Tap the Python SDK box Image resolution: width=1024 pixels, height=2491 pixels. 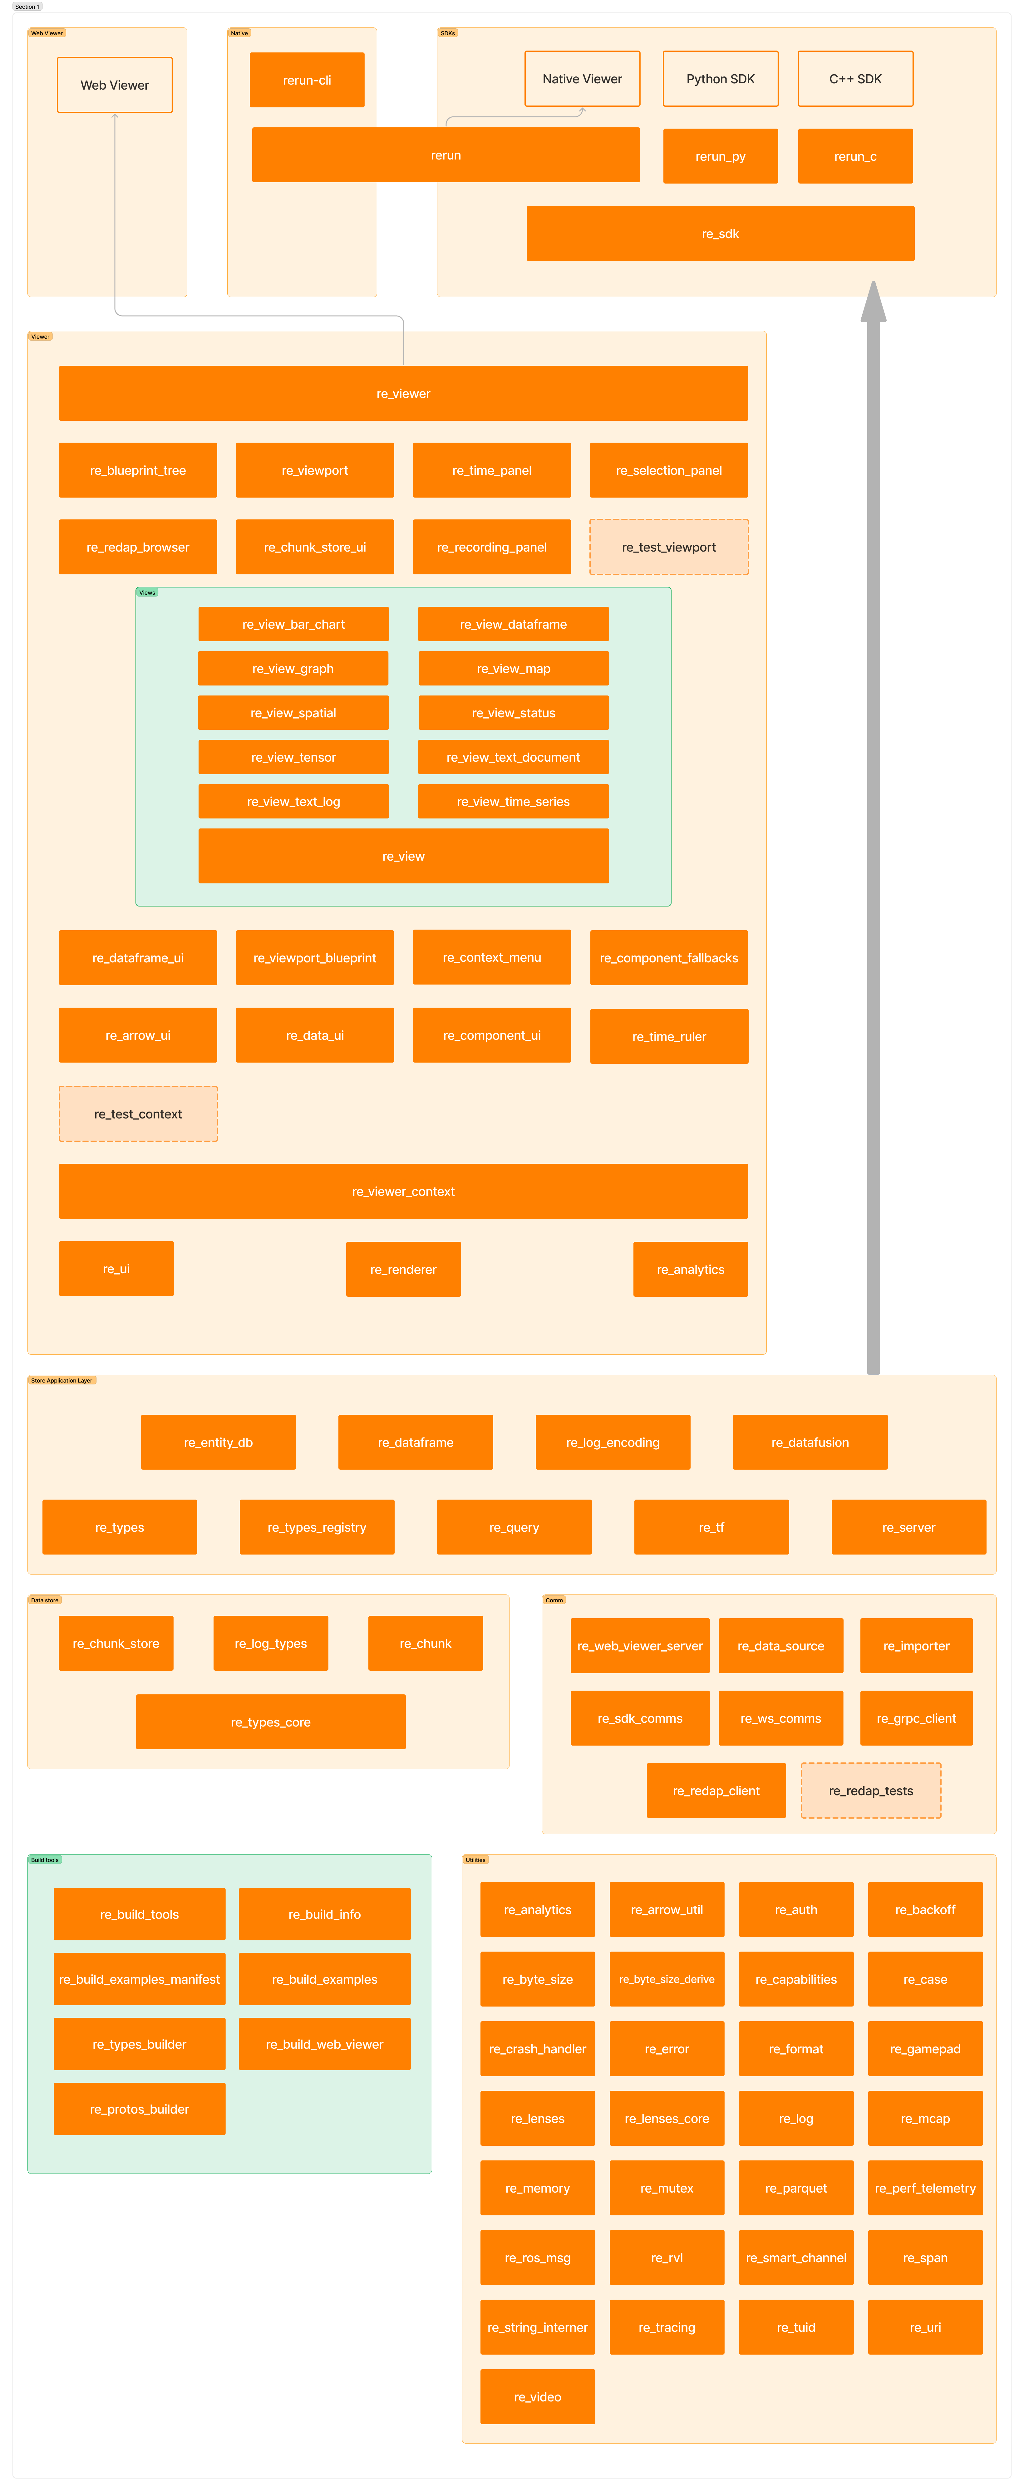coord(720,79)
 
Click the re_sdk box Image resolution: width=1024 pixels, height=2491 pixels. coord(720,234)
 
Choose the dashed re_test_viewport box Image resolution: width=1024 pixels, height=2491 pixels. coord(669,547)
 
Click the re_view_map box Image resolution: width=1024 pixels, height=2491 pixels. coord(514,668)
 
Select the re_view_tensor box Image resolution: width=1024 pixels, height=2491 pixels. coord(294,757)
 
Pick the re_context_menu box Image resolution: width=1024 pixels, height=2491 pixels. coord(492,957)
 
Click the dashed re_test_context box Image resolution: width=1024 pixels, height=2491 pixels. coord(138,1114)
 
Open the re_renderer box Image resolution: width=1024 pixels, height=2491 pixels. coord(403,1270)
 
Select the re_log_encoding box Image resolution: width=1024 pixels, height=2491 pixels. coord(613,1443)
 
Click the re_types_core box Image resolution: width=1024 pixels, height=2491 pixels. coord(271,1722)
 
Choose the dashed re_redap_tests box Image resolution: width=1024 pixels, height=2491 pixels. coord(871,1791)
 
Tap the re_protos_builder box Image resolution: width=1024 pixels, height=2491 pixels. coord(139,2109)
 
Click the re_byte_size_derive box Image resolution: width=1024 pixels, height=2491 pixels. coord(667,1979)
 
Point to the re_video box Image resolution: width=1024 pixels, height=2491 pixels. coord(538,2397)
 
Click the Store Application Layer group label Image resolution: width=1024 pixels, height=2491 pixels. coord(62,1381)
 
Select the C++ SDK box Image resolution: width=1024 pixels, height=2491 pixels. coord(856,79)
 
